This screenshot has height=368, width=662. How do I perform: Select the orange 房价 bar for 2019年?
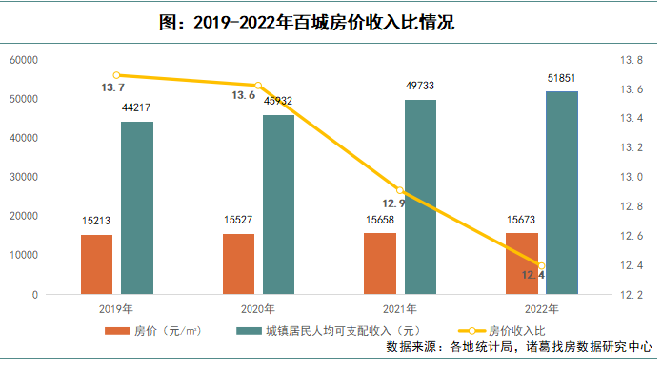click(x=96, y=264)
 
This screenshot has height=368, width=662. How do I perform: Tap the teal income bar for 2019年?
click(x=136, y=207)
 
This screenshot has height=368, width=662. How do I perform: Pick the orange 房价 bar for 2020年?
click(x=239, y=263)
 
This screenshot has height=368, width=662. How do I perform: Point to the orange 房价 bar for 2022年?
click(x=522, y=263)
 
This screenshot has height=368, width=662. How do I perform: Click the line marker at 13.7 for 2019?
click(x=116, y=75)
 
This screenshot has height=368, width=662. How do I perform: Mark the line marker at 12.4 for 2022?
click(x=542, y=265)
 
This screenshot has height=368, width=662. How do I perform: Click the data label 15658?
click(x=380, y=220)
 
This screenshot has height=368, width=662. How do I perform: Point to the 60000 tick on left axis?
click(x=23, y=60)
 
